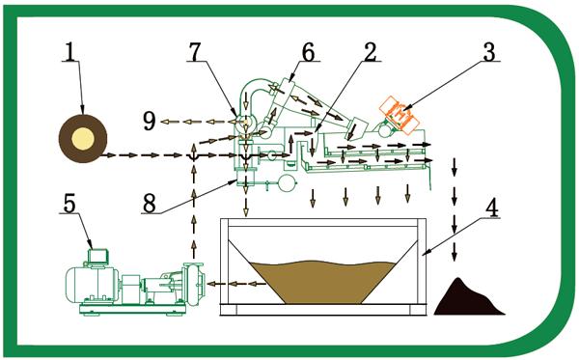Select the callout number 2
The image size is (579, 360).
tap(371, 51)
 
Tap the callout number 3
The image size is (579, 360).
tap(489, 51)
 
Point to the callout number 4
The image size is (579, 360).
tap(491, 208)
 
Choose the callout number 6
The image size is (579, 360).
tap(309, 51)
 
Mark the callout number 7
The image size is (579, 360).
tap(196, 51)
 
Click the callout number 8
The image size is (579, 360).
tap(150, 204)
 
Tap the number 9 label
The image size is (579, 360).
tap(150, 121)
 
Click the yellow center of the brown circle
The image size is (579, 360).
tap(83, 138)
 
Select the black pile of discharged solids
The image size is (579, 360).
tap(467, 297)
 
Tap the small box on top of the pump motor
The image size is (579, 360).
tap(97, 256)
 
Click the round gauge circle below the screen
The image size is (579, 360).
tap(287, 182)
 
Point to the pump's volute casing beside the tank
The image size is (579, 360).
tap(193, 284)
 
